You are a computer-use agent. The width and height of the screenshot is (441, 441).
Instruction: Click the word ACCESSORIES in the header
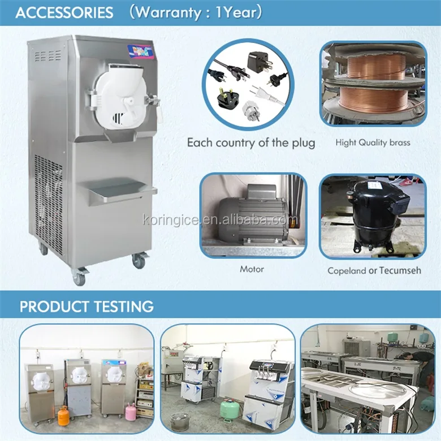pyautogui.click(x=64, y=12)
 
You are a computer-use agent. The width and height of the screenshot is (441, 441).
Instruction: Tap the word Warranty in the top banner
pyautogui.click(x=165, y=12)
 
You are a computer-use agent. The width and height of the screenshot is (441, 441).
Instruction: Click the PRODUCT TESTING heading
pyautogui.click(x=87, y=306)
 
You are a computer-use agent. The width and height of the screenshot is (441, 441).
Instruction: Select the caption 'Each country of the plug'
pyautogui.click(x=250, y=142)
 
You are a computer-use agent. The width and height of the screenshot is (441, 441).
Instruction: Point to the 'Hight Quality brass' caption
pyautogui.click(x=373, y=142)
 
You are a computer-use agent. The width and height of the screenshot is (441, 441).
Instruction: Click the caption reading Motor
pyautogui.click(x=252, y=269)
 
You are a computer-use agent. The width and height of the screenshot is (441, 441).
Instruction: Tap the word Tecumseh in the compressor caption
pyautogui.click(x=400, y=270)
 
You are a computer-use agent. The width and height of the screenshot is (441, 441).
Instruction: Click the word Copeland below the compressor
pyautogui.click(x=347, y=271)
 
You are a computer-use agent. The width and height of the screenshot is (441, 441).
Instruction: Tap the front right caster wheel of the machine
pyautogui.click(x=139, y=261)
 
